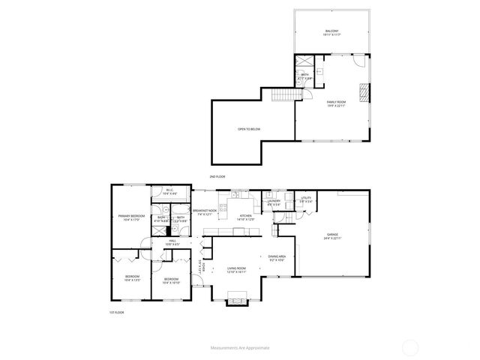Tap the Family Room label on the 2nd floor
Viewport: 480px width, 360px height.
[x=335, y=103]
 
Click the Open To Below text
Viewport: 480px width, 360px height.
[x=249, y=129]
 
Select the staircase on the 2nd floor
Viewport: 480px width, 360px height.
[x=283, y=95]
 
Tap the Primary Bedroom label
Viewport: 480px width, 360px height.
[x=131, y=217]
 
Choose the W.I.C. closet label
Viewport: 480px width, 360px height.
[x=170, y=192]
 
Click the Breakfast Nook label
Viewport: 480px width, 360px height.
[x=205, y=213]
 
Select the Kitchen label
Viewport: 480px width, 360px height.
[x=246, y=217]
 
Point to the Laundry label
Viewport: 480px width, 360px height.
[x=274, y=202]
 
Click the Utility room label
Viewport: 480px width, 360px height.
[x=306, y=201]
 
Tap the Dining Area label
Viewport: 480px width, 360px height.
[x=277, y=258]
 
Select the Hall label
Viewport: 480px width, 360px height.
[x=172, y=242]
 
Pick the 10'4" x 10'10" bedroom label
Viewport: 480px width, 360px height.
[x=171, y=281]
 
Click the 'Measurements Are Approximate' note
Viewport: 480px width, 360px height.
[x=239, y=349]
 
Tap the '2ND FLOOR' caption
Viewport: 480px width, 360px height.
[x=217, y=176]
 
